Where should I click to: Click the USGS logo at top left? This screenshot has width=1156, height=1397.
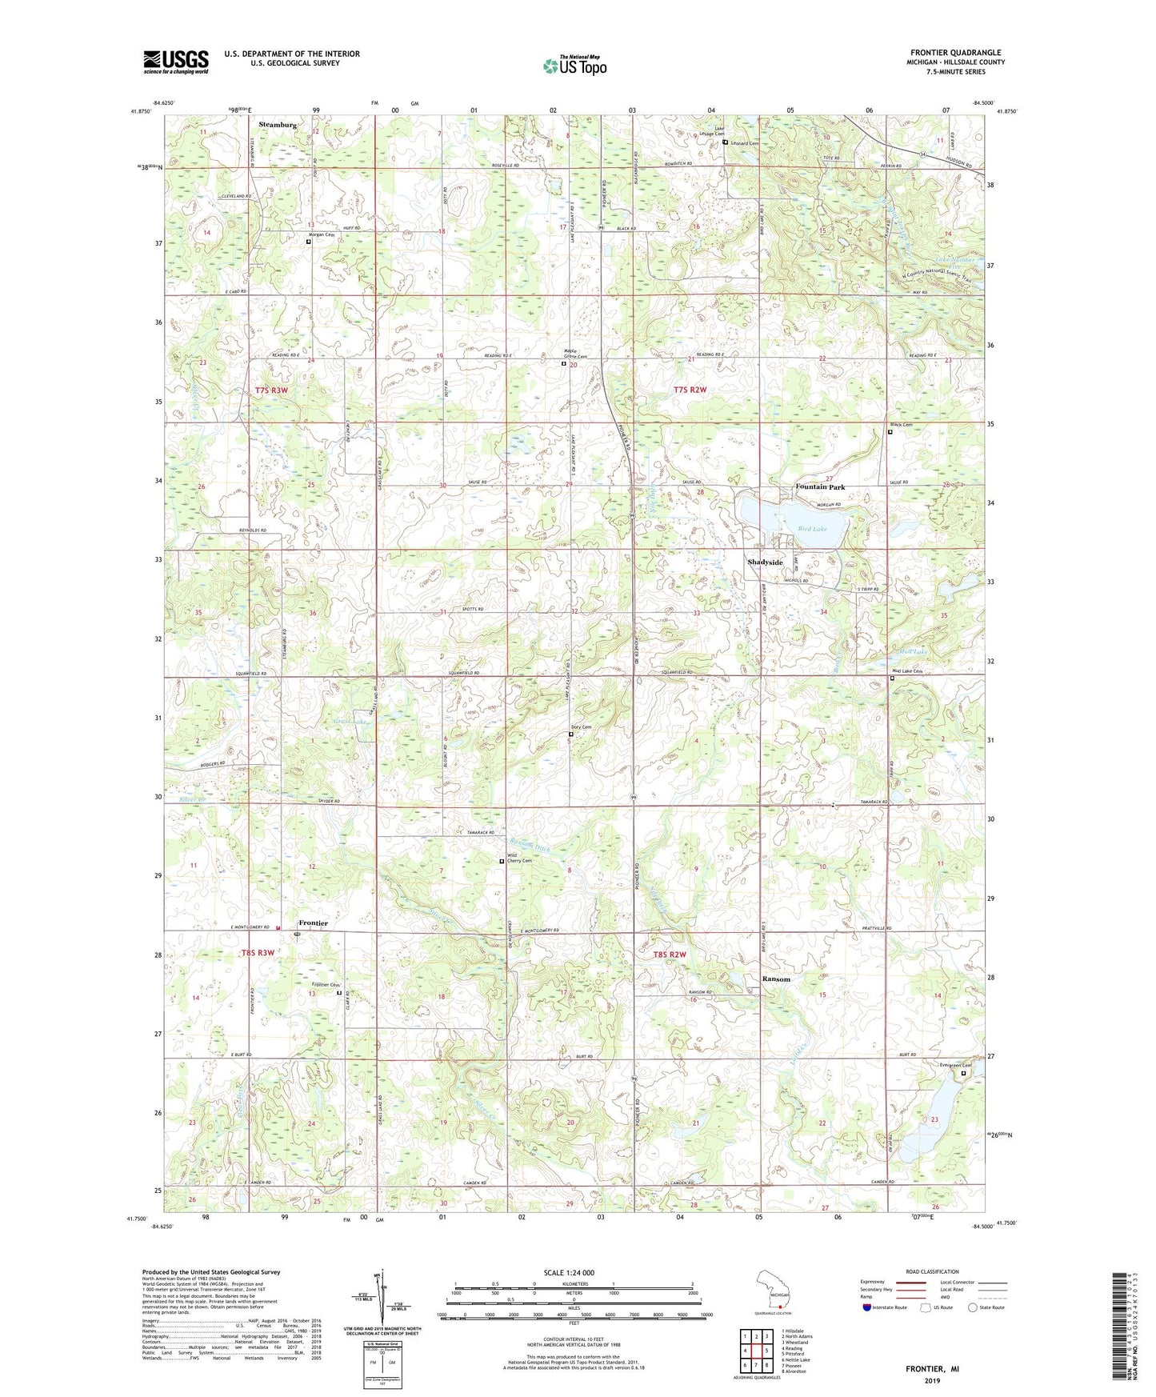coord(176,62)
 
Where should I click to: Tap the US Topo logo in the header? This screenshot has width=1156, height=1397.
coord(574,66)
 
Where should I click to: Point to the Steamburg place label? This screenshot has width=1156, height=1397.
coord(278,126)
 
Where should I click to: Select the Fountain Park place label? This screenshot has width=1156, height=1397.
coord(819,487)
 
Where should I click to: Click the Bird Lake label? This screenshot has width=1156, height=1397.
coord(812,529)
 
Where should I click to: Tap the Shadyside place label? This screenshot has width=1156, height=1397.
coord(765,562)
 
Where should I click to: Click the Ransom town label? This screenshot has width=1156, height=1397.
coord(775,979)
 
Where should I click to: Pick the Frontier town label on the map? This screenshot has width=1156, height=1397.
coord(313,923)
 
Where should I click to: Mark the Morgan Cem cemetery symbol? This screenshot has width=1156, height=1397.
coord(309,241)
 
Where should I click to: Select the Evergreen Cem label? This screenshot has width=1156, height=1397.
coord(955,1065)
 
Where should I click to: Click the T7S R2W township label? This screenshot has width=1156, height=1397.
coord(690,390)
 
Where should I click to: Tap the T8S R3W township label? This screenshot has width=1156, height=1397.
coord(258,953)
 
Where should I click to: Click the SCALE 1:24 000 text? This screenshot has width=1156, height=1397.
coord(569,1273)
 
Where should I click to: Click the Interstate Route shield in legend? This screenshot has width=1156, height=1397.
coord(867,1307)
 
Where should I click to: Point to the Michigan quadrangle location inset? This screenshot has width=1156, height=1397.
coord(774,1291)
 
